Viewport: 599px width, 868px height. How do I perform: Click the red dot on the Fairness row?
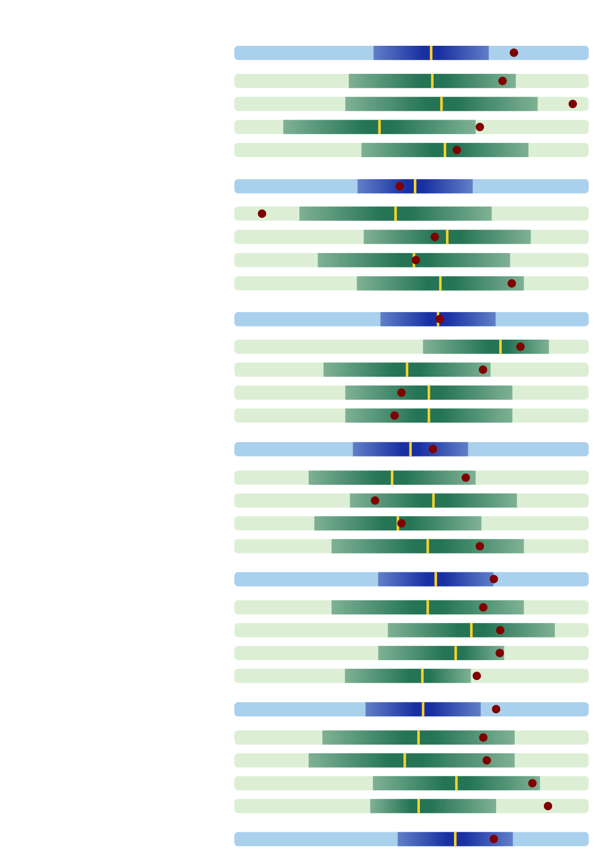coord(573,104)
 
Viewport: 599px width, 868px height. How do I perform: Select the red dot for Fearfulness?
coord(262,213)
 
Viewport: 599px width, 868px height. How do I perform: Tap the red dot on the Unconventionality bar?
coord(548,806)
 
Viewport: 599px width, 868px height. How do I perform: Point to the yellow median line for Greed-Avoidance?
coord(379,127)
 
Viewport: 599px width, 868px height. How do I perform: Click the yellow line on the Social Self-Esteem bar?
coord(500,346)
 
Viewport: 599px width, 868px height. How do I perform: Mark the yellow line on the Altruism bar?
coord(455,839)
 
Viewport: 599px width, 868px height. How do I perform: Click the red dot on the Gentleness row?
coord(375,500)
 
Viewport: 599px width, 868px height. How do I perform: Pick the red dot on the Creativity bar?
coord(532,783)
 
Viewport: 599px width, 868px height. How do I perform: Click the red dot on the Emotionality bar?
coord(400,186)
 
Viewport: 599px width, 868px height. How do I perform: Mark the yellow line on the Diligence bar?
coord(471,630)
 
